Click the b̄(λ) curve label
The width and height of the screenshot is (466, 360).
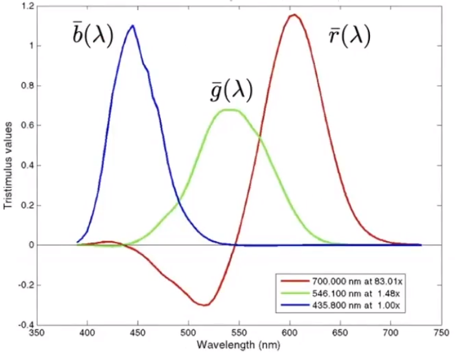[x=92, y=37]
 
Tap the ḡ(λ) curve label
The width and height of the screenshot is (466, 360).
[x=228, y=91]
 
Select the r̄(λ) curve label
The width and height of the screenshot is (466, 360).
[x=350, y=37]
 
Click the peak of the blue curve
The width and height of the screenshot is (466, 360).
[x=132, y=26]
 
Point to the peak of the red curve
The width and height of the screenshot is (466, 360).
[x=293, y=15]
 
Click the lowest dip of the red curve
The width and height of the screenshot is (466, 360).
[x=204, y=305]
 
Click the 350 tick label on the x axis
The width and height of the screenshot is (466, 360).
[x=37, y=333]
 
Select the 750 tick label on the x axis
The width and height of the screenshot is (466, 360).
[x=440, y=333]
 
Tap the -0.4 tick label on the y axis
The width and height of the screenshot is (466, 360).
[x=24, y=324]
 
